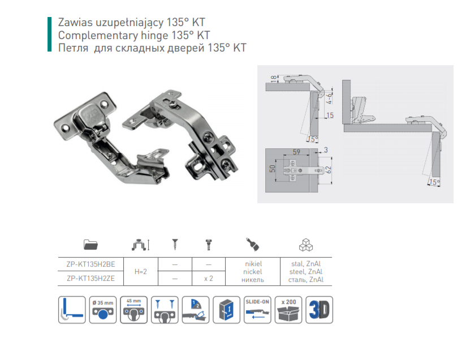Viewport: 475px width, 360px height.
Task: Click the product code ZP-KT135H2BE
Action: (x=90, y=264)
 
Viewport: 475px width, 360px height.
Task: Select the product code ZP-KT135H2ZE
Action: (x=90, y=278)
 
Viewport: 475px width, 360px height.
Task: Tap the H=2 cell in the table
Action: (x=141, y=272)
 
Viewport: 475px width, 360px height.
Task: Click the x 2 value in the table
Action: (x=209, y=278)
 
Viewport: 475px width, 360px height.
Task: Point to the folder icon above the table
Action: (x=90, y=245)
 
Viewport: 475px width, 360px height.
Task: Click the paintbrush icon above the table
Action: (x=252, y=245)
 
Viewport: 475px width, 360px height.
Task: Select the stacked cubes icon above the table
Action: (x=306, y=245)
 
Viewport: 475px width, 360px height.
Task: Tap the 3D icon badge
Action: (x=319, y=310)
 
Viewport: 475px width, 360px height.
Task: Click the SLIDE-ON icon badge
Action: (x=257, y=310)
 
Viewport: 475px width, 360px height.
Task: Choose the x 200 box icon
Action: (x=288, y=310)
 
